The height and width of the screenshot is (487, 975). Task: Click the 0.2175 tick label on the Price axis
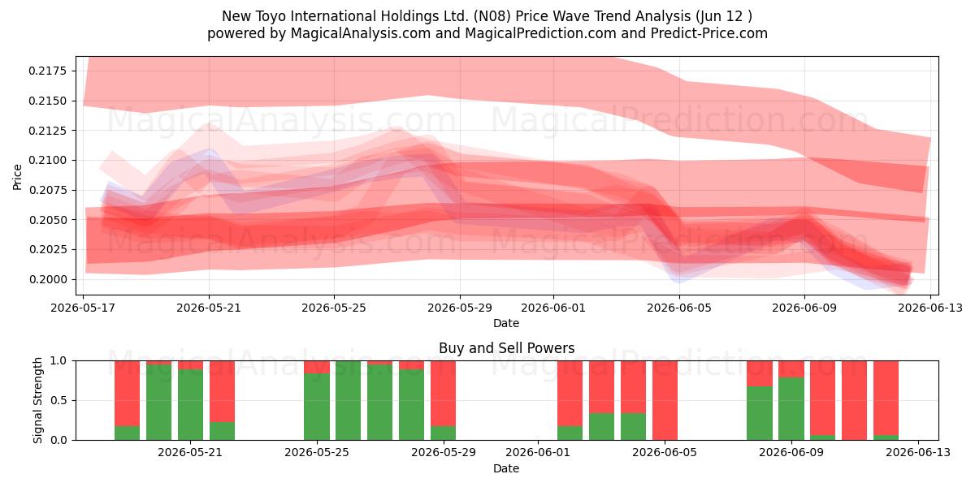(47, 71)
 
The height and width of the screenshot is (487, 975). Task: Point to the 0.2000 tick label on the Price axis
(47, 279)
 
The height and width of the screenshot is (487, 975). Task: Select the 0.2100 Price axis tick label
(47, 161)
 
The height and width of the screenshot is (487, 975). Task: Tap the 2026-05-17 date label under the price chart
(83, 308)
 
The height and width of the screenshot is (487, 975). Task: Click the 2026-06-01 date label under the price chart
(553, 308)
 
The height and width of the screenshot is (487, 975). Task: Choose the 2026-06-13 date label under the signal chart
(918, 453)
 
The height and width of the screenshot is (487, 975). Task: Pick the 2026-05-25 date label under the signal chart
(316, 453)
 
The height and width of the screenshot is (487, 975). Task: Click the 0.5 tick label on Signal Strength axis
(58, 400)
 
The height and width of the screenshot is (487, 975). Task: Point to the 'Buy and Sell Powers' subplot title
(507, 348)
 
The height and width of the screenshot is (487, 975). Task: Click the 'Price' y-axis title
(17, 177)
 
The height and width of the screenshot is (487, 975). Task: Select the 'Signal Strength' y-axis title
(38, 400)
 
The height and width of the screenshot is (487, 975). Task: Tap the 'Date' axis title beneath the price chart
(506, 324)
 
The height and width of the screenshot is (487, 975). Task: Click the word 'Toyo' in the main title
(271, 16)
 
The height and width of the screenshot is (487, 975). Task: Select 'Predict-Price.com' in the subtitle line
(709, 33)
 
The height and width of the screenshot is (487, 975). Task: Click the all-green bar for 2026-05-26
(349, 400)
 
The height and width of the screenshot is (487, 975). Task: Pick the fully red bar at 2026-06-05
(665, 400)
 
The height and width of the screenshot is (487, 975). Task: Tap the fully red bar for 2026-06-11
(854, 400)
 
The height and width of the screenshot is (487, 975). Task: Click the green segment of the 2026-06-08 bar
(760, 413)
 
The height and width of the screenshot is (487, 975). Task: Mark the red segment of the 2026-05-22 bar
(222, 391)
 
